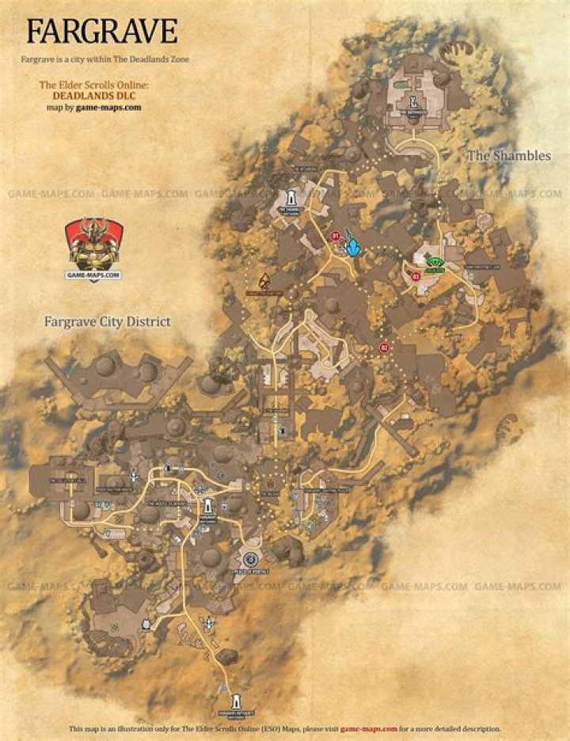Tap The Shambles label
pyautogui.click(x=508, y=156)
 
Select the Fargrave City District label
pyautogui.click(x=108, y=322)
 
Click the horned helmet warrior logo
pyautogui.click(x=93, y=243)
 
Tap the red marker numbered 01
pyautogui.click(x=335, y=235)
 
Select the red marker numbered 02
pyautogui.click(x=385, y=348)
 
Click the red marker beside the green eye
pyautogui.click(x=416, y=276)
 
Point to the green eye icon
pyautogui.click(x=434, y=262)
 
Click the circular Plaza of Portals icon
pyautogui.click(x=251, y=559)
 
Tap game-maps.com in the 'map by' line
pyautogui.click(x=108, y=107)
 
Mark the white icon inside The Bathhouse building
pyautogui.click(x=413, y=101)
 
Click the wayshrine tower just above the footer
pyautogui.click(x=236, y=703)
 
